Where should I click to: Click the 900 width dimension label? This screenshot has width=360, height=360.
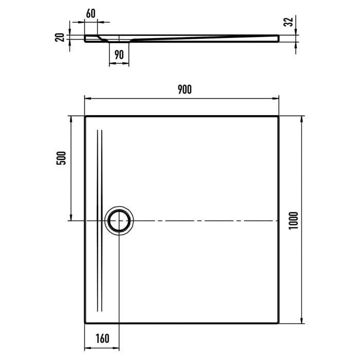[x=184, y=89]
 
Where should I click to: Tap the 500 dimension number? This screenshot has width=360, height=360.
[x=61, y=158]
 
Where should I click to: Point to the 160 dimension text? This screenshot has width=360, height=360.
[x=102, y=338]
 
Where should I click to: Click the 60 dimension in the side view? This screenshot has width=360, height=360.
[x=91, y=13]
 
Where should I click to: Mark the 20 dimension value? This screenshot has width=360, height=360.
[x=60, y=37]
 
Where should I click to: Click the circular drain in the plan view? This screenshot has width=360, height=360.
[x=120, y=221]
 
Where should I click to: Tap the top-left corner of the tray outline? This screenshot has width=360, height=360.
[x=85, y=116]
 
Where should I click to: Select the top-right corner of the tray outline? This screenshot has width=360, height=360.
[x=279, y=116]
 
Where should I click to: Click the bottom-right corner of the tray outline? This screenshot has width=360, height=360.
[x=279, y=323]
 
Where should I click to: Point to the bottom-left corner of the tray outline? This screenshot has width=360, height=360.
[x=85, y=323]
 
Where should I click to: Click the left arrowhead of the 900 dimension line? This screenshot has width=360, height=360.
[x=87, y=98]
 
